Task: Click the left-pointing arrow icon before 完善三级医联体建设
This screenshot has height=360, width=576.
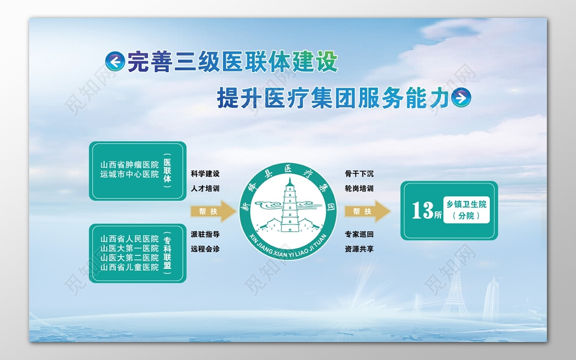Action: [x=115, y=62]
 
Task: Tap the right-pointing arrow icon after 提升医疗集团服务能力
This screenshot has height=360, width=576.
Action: [x=461, y=98]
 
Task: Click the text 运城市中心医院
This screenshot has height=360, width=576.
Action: [x=129, y=174]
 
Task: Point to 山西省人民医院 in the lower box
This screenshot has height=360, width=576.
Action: [x=129, y=238]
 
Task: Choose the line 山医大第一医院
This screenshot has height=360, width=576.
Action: [x=129, y=248]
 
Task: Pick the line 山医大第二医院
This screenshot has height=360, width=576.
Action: [x=129, y=258]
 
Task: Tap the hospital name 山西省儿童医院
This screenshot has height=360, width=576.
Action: [x=129, y=267]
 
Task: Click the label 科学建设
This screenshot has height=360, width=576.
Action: [x=205, y=174]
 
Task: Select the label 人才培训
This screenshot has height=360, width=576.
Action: [x=205, y=188]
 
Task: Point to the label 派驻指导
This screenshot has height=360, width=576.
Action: [x=205, y=234]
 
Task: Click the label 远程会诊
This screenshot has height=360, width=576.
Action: [x=205, y=249]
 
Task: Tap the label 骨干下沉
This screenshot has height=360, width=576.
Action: [x=359, y=174]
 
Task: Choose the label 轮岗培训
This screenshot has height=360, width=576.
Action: [x=359, y=188]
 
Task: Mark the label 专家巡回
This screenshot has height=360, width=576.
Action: [x=359, y=234]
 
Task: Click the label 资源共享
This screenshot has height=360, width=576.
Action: [x=359, y=249]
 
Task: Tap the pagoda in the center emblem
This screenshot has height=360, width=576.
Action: [x=289, y=206]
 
